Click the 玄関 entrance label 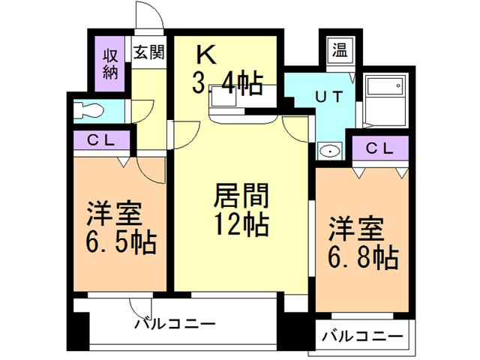pos(149,53)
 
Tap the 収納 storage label pos(110,64)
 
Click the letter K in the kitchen pos(205,54)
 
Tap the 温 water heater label pos(340,52)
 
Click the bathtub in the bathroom pos(387,97)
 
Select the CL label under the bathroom pos(379,148)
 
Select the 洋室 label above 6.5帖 pos(115,214)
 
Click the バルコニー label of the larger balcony pos(175,325)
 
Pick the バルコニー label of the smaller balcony pos(362,335)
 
